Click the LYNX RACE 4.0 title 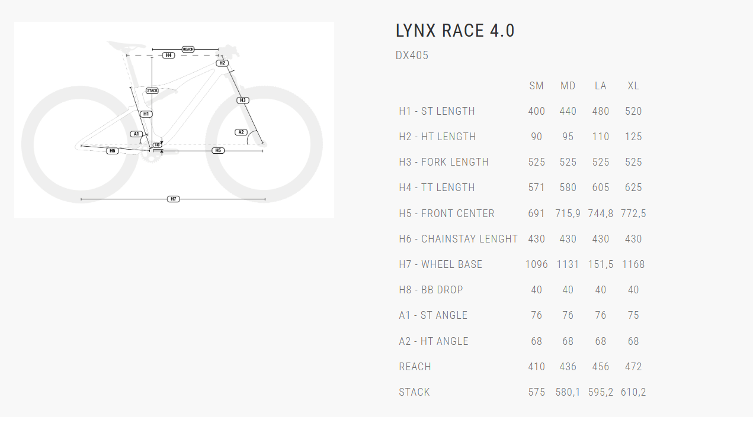point(455,31)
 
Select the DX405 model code point(412,56)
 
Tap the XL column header point(633,86)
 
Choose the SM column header point(536,86)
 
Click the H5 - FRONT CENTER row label point(446,213)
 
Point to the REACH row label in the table point(415,367)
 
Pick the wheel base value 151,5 point(600,264)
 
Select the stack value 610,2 point(633,392)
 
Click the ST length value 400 point(536,111)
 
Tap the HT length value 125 point(633,137)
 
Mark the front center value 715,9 point(568,213)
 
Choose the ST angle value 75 point(633,315)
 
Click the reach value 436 point(568,367)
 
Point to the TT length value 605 point(600,187)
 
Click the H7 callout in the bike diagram point(174,199)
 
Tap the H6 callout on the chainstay point(112,151)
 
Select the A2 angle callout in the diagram point(241,132)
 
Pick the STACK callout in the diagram point(152,90)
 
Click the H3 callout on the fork point(242,100)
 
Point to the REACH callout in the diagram point(188,49)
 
